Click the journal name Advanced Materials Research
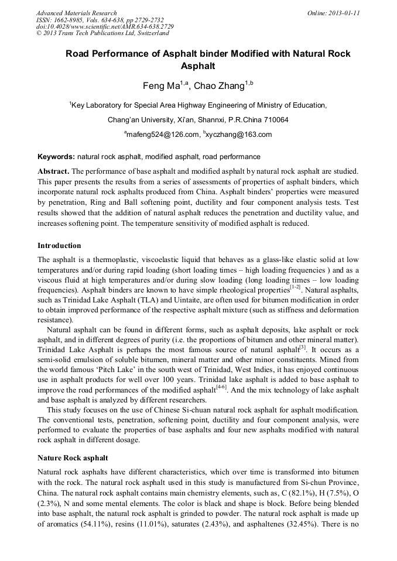(76, 13)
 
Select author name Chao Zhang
(219, 87)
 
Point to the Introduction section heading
(59, 245)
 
